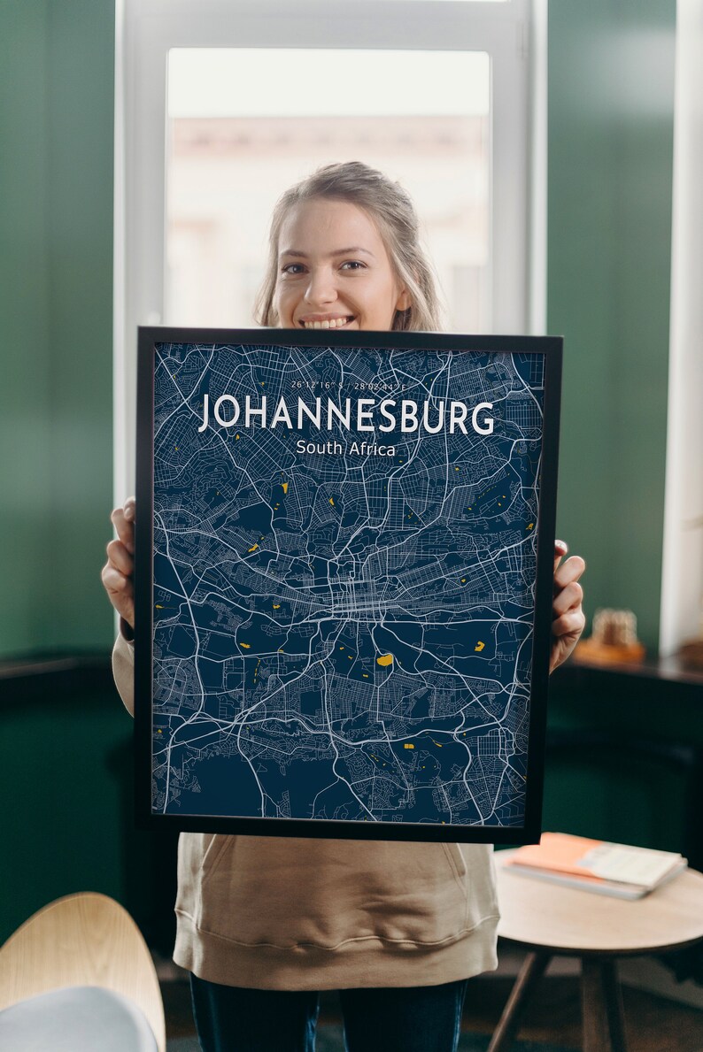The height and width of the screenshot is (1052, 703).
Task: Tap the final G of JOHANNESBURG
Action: tap(483, 418)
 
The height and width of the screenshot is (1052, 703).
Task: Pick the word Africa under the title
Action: tap(372, 449)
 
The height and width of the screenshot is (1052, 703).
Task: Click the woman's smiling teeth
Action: tap(328, 322)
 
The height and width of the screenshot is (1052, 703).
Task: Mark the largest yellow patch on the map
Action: tap(384, 659)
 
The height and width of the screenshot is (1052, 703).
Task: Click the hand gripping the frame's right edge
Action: tap(567, 602)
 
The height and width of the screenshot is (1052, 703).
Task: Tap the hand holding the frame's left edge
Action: tap(120, 566)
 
